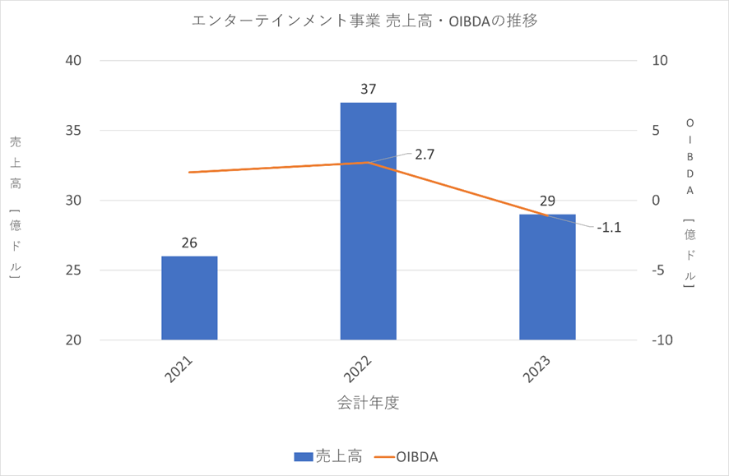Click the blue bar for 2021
[189, 298]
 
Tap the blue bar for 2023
[547, 276]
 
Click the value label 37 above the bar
[369, 89]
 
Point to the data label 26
[189, 243]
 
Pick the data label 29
[547, 201]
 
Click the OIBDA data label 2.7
[425, 154]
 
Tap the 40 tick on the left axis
[77, 61]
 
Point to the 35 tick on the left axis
[77, 131]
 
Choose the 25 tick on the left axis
[77, 270]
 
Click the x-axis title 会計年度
[368, 403]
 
